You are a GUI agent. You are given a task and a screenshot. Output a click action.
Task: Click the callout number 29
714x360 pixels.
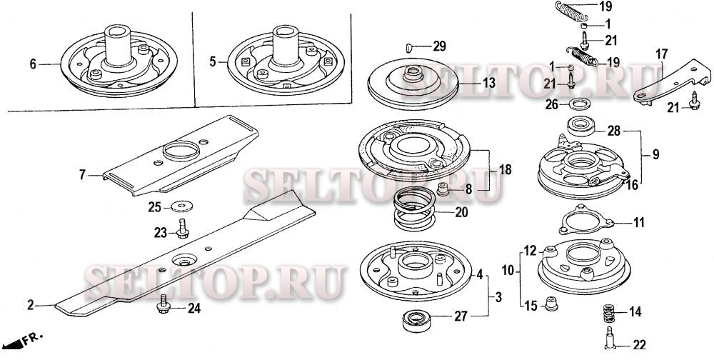pos(439,46)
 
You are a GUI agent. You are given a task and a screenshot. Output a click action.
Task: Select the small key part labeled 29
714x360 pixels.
pos(409,46)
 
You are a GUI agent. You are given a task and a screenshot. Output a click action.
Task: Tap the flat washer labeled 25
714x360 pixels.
pos(182,206)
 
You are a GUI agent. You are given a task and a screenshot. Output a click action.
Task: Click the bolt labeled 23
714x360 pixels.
pos(183,229)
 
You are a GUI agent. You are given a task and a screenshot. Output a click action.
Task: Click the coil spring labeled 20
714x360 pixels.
pos(414,209)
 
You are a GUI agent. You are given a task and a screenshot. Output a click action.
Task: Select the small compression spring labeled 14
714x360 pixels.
pos(609,312)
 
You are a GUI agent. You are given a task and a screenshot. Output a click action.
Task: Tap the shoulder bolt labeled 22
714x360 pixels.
pos(610,338)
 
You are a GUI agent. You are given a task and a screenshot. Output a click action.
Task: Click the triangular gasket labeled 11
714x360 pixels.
pos(583,221)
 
